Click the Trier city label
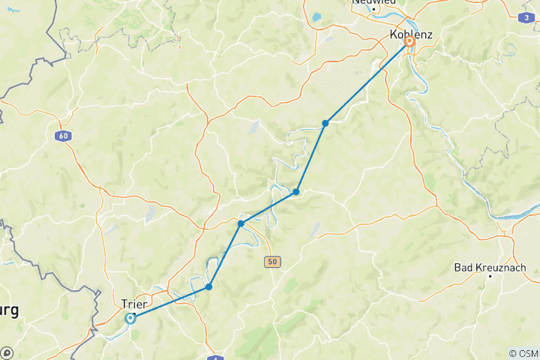(133, 304)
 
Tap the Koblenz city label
(412, 35)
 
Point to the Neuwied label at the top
(373, 3)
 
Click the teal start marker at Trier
(130, 318)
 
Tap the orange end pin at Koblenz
(409, 41)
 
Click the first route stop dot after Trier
(209, 286)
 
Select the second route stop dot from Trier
(241, 223)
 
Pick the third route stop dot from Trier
(296, 192)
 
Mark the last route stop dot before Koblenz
(325, 123)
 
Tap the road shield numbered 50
(271, 262)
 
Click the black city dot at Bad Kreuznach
(490, 277)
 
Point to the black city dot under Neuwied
(374, 10)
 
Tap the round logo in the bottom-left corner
(7, 352)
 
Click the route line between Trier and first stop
(169, 302)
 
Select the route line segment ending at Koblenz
(367, 82)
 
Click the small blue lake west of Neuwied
(317, 16)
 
